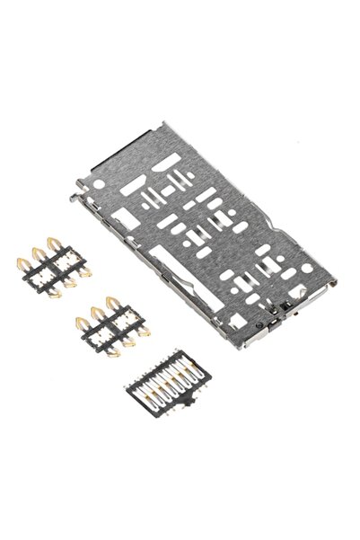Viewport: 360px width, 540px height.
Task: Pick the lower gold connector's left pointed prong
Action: [x=78, y=316]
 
